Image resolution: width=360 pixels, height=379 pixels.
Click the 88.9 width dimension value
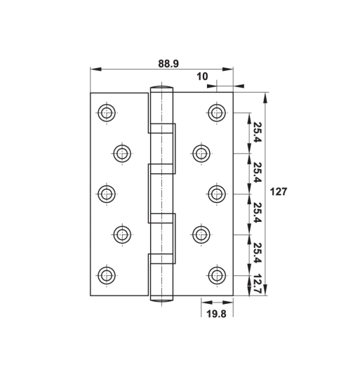pos(168,63)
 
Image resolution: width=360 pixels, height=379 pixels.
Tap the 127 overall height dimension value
pos(279,192)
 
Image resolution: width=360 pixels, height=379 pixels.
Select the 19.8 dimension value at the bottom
pos(215,314)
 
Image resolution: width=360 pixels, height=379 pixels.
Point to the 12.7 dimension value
pos(258,284)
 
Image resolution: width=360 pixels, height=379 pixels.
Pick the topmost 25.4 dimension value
pos(258,133)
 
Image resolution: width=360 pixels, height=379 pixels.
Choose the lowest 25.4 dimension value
pos(258,253)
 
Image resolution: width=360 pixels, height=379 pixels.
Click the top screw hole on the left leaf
pos(107,112)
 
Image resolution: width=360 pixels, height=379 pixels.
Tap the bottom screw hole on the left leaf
pos(107,274)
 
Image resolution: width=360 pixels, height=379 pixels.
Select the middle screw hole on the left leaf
pos(107,193)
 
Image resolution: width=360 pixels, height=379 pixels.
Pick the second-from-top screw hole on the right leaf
pos(201,153)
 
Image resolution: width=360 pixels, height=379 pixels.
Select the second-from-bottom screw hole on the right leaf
pos(201,234)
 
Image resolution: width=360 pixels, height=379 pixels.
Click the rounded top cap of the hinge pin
pos(161,89)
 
